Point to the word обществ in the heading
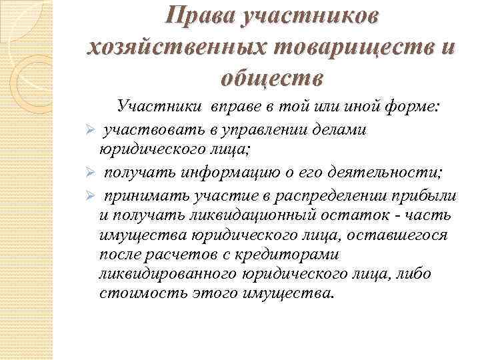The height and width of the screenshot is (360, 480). click(271, 79)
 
